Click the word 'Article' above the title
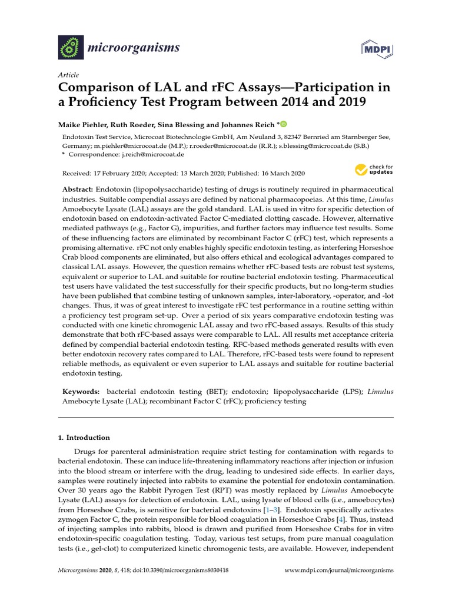click(68, 75)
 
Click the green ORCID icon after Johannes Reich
click(282, 124)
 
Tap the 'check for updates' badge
click(373, 170)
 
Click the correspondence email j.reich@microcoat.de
click(155, 154)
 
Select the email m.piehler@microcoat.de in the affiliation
click(132, 145)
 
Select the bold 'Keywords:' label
click(81, 392)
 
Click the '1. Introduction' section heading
click(83, 438)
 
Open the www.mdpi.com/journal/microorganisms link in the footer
click(339, 571)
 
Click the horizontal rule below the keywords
click(225, 418)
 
